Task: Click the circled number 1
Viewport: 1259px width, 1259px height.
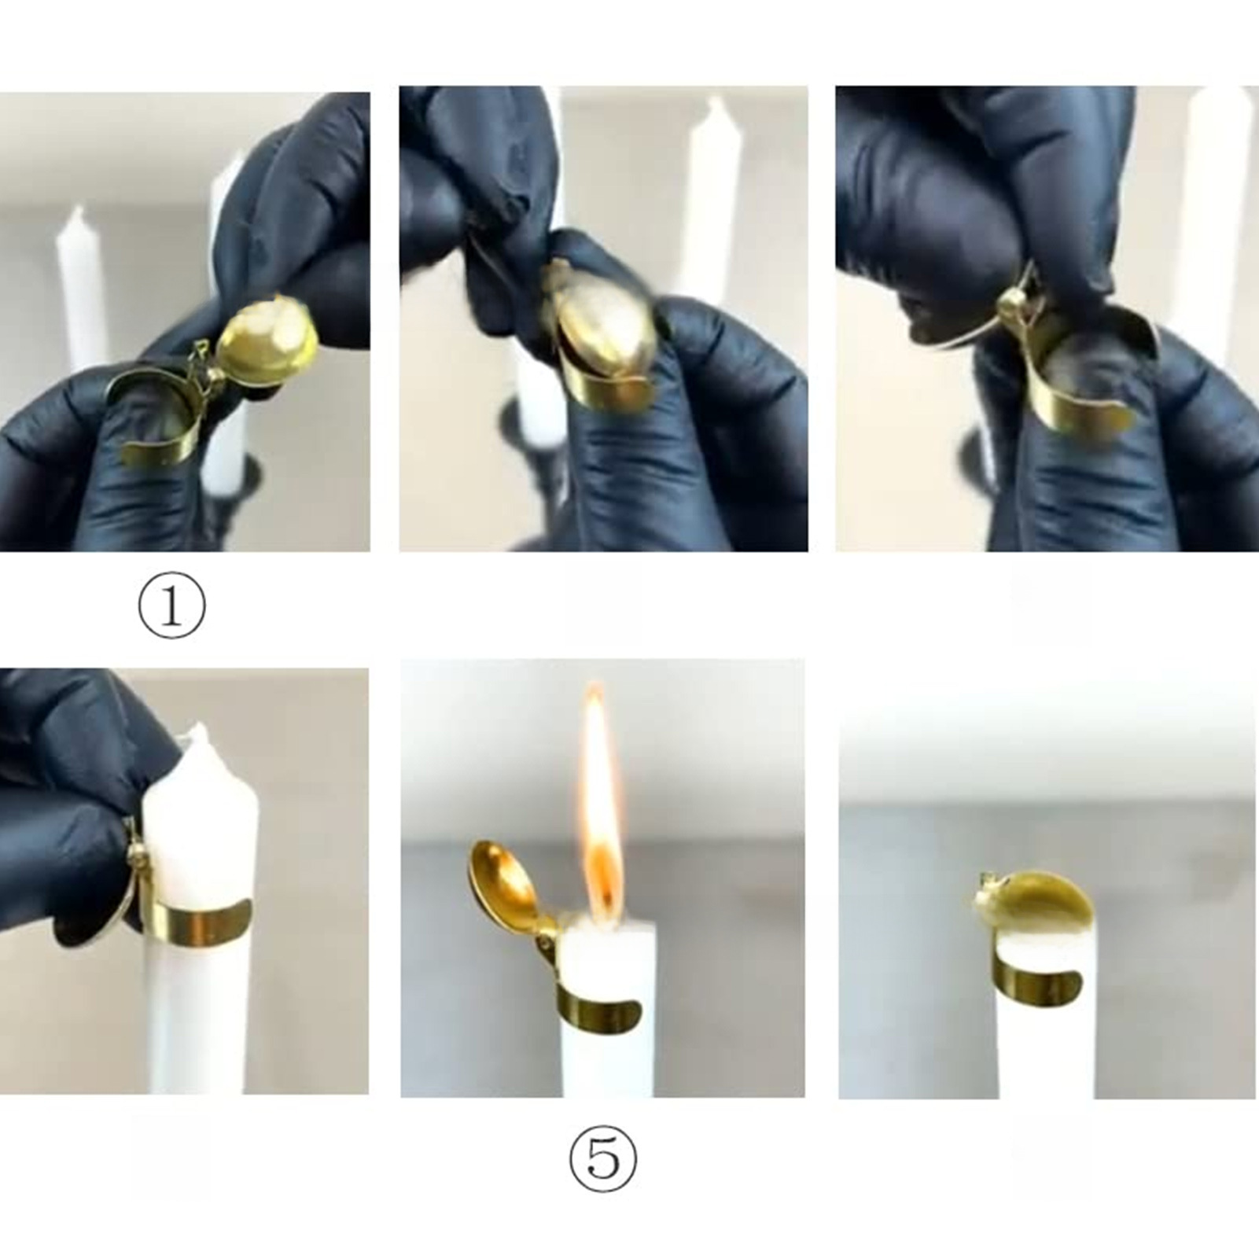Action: click(x=171, y=607)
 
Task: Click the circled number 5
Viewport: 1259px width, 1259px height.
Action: click(x=602, y=1158)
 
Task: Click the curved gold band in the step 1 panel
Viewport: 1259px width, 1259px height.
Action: click(x=157, y=417)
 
